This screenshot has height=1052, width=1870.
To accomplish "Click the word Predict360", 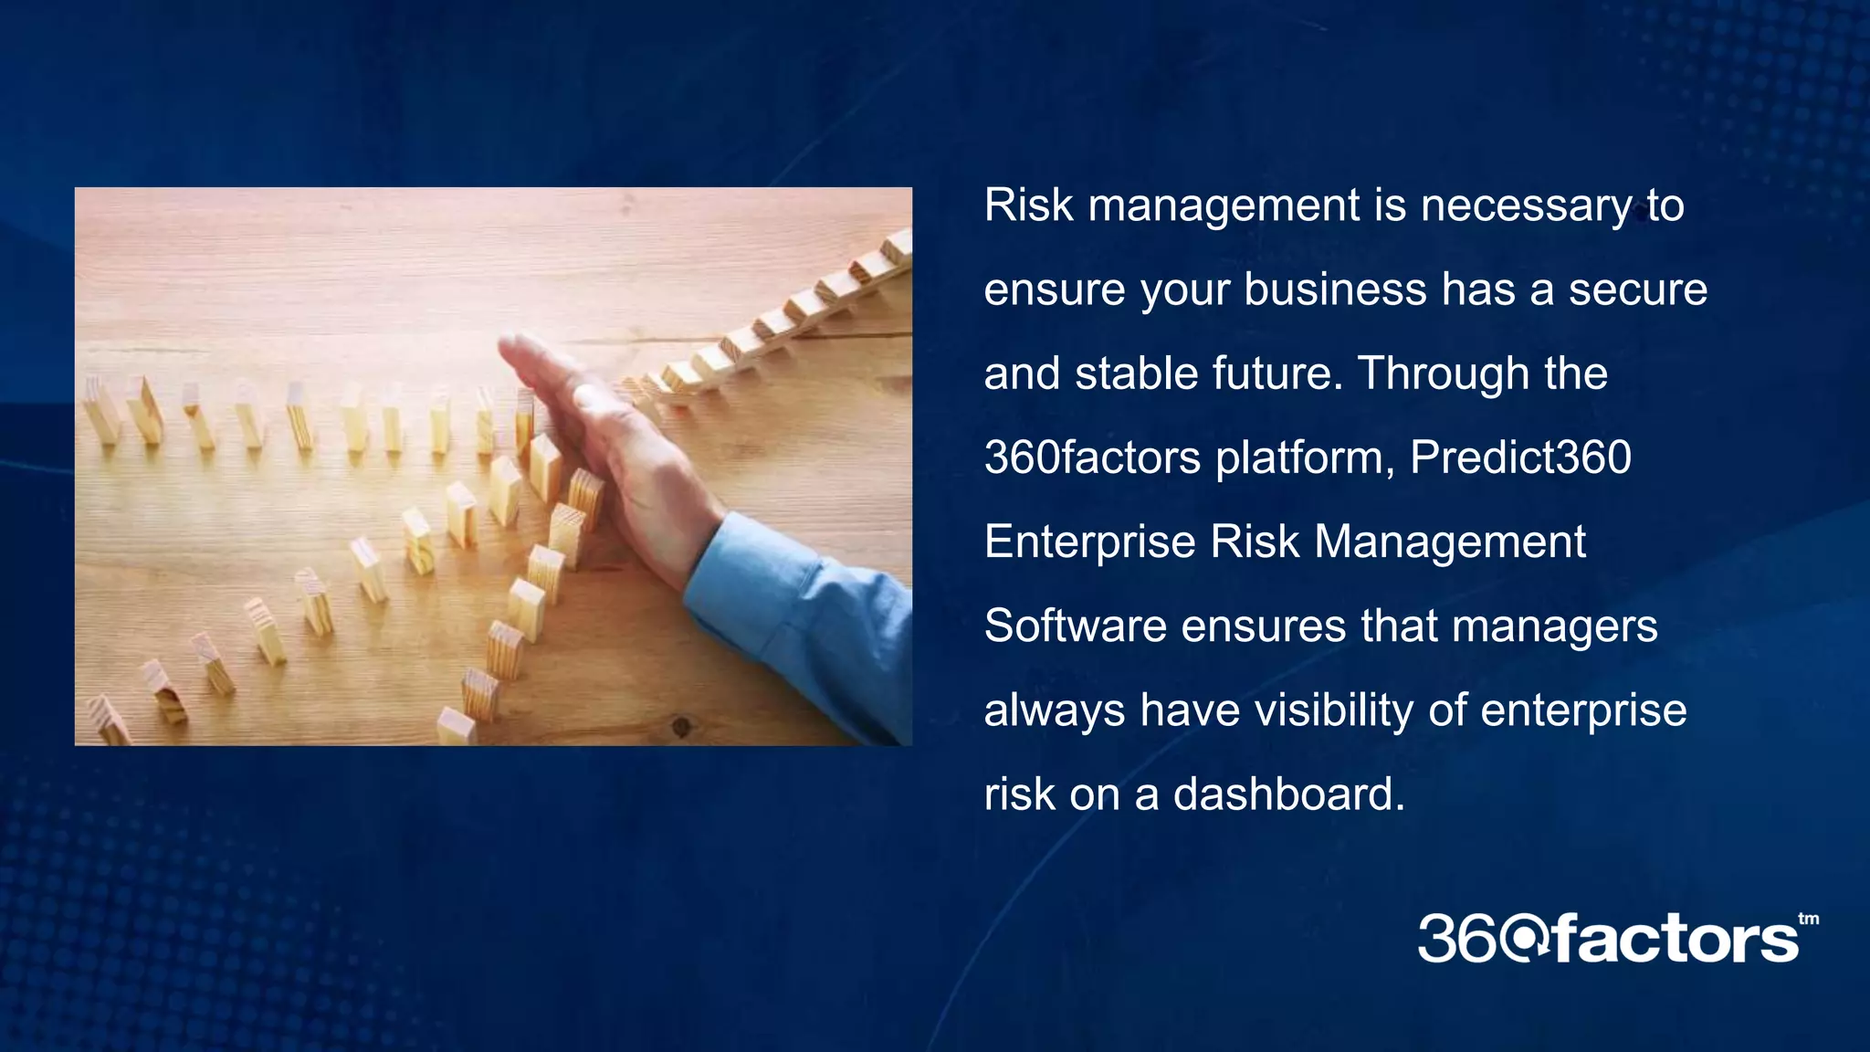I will pyautogui.click(x=1520, y=458).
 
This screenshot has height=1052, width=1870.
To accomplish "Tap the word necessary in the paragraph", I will pyautogui.click(x=1525, y=205).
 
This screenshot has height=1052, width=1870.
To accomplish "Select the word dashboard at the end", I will pyautogui.click(x=1288, y=794).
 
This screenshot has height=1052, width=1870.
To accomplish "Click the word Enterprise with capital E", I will pyautogui.click(x=1089, y=542).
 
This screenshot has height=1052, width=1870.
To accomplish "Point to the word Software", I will pyautogui.click(x=1074, y=626).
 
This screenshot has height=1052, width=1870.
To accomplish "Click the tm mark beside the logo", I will pyautogui.click(x=1808, y=919).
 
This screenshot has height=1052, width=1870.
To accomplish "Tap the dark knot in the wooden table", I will pyautogui.click(x=680, y=726).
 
